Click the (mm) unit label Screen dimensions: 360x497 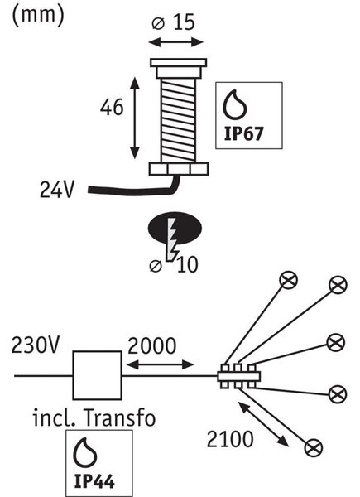click(x=38, y=15)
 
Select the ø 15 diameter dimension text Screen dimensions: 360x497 click(x=173, y=22)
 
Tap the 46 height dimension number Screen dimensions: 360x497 click(x=112, y=107)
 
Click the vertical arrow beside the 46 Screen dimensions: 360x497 click(x=135, y=118)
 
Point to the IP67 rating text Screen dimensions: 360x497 click(x=243, y=133)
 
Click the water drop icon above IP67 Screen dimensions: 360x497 click(x=235, y=104)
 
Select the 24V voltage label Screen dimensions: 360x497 click(x=57, y=190)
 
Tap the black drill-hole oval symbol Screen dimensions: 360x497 click(x=175, y=228)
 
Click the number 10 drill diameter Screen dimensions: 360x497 click(x=187, y=264)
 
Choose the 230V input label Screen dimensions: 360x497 click(x=35, y=345)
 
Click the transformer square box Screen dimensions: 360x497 click(x=97, y=375)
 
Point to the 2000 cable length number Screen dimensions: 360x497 click(x=151, y=345)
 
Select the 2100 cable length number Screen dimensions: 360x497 click(x=230, y=439)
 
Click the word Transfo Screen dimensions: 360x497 click(x=120, y=417)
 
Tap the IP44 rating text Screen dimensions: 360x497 click(x=94, y=481)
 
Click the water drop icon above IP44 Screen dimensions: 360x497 click(x=85, y=452)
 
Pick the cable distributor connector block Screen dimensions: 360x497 click(x=238, y=376)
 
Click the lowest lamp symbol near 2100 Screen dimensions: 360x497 click(x=314, y=448)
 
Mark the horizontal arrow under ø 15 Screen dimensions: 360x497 click(x=175, y=42)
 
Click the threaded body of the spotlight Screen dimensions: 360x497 click(x=178, y=121)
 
